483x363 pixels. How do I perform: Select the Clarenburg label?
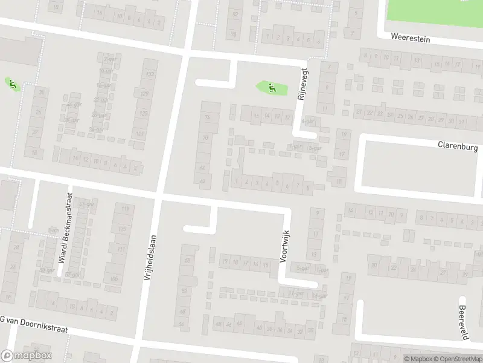(458, 146)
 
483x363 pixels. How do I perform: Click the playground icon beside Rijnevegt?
(271, 87)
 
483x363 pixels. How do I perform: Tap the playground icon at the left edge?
(11, 83)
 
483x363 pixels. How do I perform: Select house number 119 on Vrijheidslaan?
(126, 209)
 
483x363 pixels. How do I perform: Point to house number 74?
(208, 117)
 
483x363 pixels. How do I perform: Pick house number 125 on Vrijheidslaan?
(144, 113)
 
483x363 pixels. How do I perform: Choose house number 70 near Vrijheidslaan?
(205, 137)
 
